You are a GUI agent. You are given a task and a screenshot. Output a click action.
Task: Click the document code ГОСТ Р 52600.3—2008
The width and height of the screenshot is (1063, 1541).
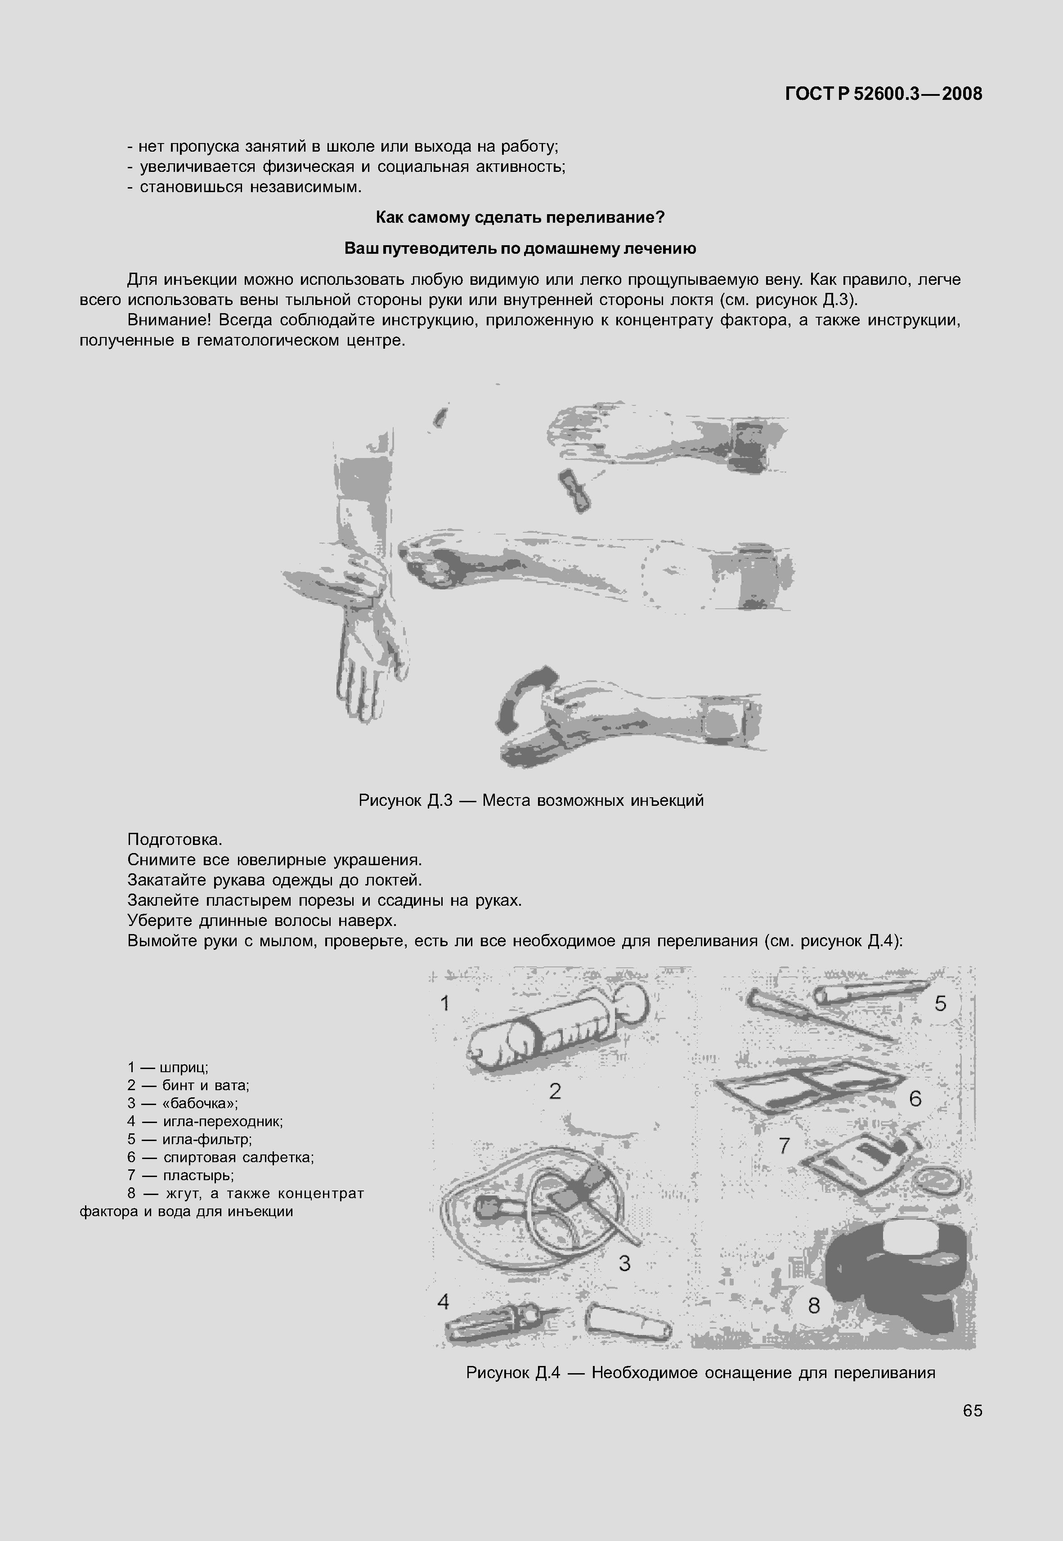coord(883,94)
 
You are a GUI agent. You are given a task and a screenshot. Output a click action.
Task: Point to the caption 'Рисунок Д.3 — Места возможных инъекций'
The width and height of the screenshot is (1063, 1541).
coord(531,800)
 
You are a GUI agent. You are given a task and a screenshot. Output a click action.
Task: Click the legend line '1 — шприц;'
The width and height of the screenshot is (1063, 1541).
coord(168,1068)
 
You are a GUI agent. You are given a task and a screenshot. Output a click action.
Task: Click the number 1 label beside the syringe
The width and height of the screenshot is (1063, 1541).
coord(445,1003)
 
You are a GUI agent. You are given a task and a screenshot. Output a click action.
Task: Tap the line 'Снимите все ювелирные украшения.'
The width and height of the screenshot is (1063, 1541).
coord(274,860)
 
